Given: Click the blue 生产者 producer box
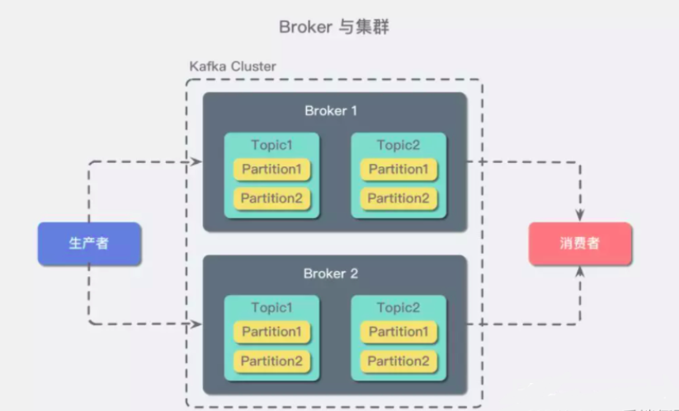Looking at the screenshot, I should point(89,244).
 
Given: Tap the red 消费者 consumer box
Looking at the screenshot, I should point(580,244).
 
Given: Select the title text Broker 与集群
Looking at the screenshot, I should point(333,27).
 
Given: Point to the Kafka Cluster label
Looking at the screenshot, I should point(233,66).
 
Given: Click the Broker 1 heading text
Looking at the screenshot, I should point(330,110).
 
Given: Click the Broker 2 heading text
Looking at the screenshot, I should point(330,273).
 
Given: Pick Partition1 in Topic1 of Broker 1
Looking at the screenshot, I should point(271,170).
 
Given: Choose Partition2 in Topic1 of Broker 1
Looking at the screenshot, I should point(271,198).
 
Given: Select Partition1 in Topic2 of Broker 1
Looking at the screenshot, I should point(398,170).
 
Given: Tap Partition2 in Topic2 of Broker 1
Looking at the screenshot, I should point(398,198).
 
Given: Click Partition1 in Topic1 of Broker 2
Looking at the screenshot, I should point(271,332).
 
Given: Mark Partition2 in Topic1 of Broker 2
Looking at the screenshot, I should point(271,360).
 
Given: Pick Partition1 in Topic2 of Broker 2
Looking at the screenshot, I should point(398,332).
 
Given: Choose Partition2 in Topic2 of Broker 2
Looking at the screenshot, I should point(398,360).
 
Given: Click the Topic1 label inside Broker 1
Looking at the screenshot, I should point(272,146).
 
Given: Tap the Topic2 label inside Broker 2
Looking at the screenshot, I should point(398,308).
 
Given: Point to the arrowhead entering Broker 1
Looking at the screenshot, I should point(197,161).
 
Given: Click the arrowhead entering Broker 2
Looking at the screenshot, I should point(197,324).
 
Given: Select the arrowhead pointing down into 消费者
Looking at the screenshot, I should point(580,216).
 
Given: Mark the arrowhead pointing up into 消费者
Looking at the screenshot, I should point(580,272).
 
